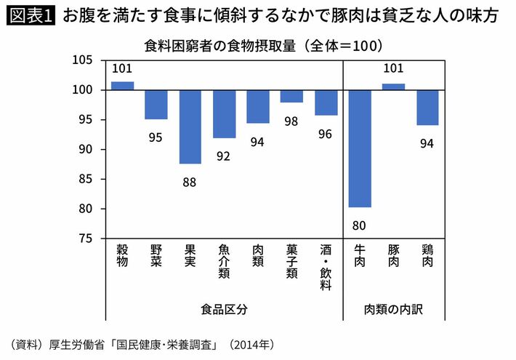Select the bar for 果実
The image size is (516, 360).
pyautogui.click(x=190, y=127)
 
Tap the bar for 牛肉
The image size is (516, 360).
pyautogui.click(x=360, y=148)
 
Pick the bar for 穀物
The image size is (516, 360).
pyautogui.click(x=122, y=86)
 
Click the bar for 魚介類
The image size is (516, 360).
pyautogui.click(x=224, y=114)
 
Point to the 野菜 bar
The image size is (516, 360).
pyautogui.click(x=156, y=105)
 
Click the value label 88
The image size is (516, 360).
pyautogui.click(x=190, y=183)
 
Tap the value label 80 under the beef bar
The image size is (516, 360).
pyautogui.click(x=360, y=224)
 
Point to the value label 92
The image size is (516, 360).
pyautogui.click(x=224, y=156)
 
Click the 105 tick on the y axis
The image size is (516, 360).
pyautogui.click(x=82, y=60)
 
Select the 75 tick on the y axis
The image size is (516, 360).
pyautogui.click(x=85, y=239)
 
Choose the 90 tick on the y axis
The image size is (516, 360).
pyautogui.click(x=85, y=149)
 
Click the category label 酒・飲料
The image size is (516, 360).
pyautogui.click(x=326, y=267)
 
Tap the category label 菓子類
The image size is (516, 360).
pyautogui.click(x=291, y=262)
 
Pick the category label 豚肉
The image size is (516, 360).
pyautogui.click(x=393, y=256)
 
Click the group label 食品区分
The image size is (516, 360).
pyautogui.click(x=224, y=308)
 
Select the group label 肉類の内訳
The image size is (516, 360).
pyautogui.click(x=393, y=308)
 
